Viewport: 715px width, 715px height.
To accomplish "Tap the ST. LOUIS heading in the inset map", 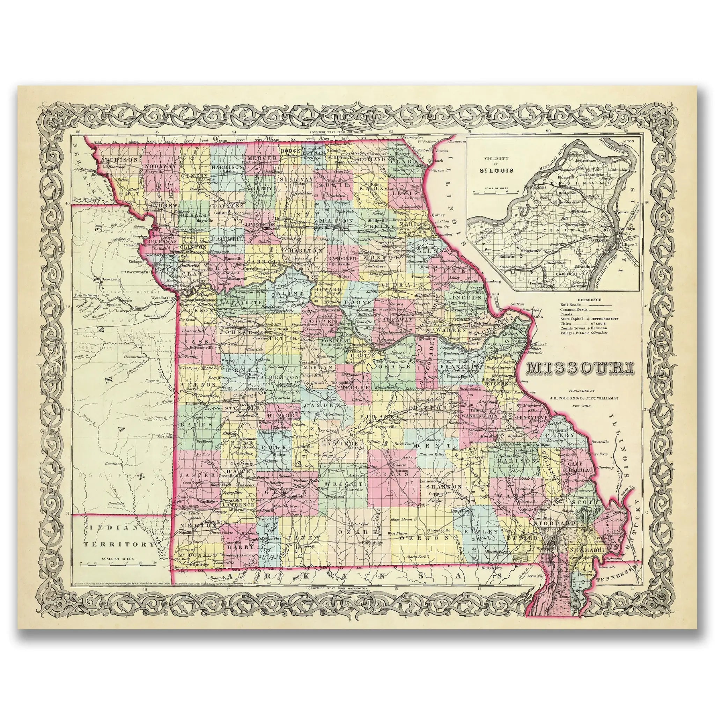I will [499, 171].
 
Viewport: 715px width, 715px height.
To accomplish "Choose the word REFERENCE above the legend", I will [588, 300].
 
